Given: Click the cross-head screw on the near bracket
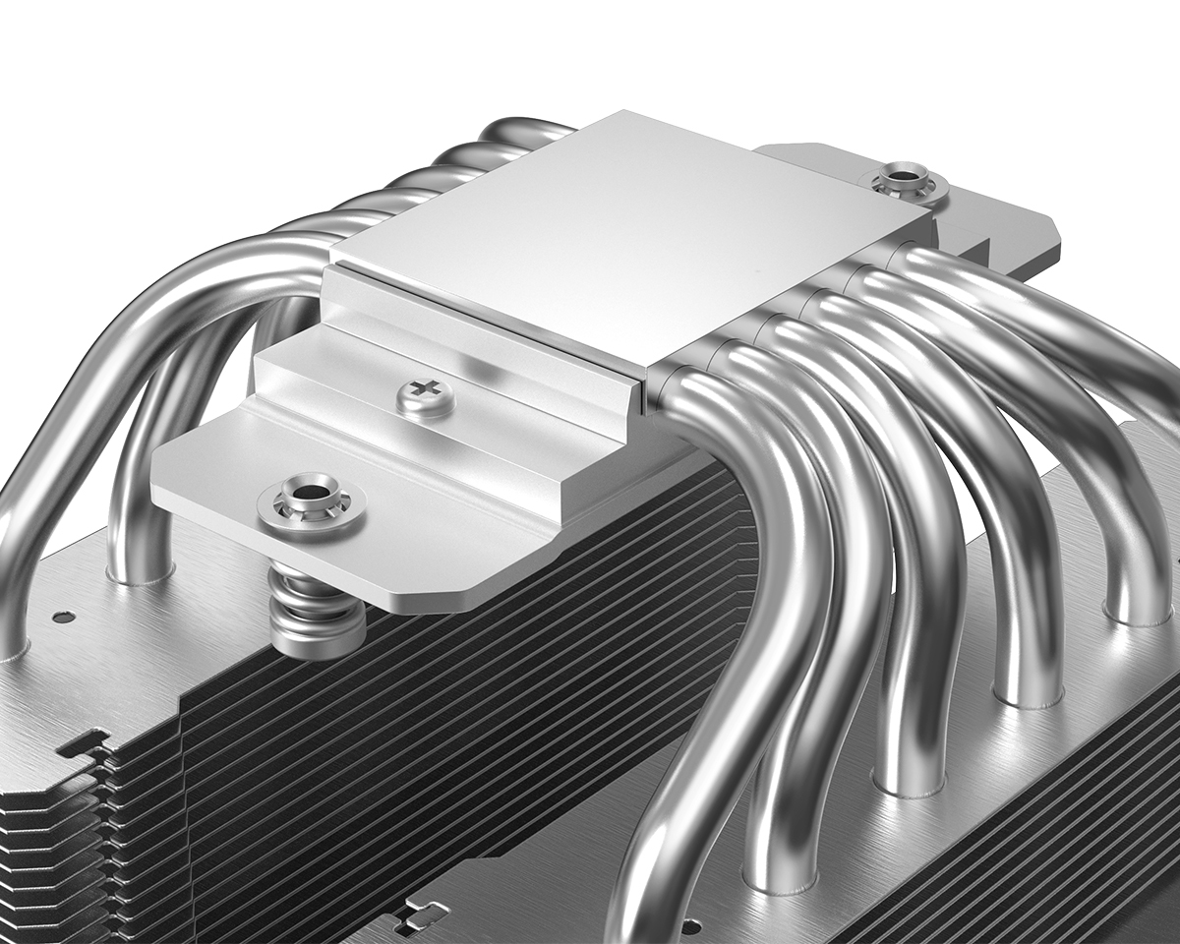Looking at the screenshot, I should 426,398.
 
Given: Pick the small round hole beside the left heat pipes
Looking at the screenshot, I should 63,618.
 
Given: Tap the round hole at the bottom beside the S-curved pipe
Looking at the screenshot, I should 690,925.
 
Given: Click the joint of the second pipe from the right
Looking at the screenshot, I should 1028,693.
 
